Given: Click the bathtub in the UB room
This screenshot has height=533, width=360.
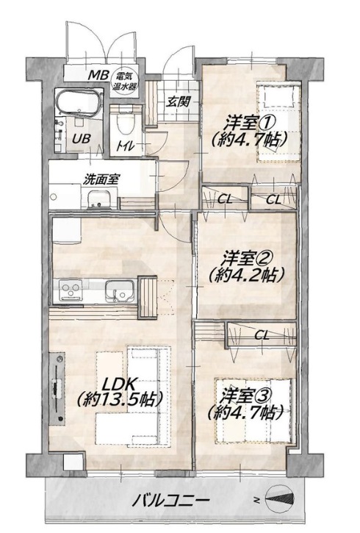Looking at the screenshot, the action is (x=79, y=103).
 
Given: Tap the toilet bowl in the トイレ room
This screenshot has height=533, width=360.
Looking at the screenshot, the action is (x=126, y=122).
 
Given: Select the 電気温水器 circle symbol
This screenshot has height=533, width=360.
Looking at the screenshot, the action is (x=126, y=82).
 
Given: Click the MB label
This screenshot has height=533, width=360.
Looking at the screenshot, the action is (x=98, y=76).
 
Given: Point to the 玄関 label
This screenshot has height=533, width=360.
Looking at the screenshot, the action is (x=178, y=101).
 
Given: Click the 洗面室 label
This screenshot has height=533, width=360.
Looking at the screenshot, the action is (x=101, y=180).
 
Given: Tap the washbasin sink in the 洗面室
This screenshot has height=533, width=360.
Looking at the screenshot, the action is (x=99, y=200).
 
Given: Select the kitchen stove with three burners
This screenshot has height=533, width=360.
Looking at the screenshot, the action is (x=71, y=290).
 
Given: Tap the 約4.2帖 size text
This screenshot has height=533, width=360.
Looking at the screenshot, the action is (x=246, y=276).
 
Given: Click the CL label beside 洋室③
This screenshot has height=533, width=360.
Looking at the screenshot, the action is (x=262, y=336).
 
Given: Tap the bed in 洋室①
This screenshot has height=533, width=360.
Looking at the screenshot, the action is (x=279, y=122).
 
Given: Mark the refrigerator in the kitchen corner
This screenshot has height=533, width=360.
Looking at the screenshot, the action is (x=66, y=230).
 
